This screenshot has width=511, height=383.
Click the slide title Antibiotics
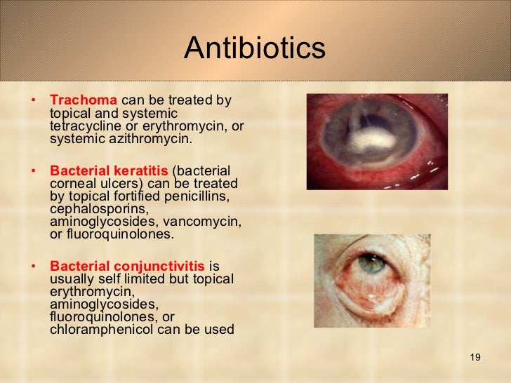pyautogui.click(x=255, y=48)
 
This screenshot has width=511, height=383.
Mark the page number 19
pyautogui.click(x=474, y=358)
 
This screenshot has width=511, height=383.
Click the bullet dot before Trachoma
pyautogui.click(x=34, y=100)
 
